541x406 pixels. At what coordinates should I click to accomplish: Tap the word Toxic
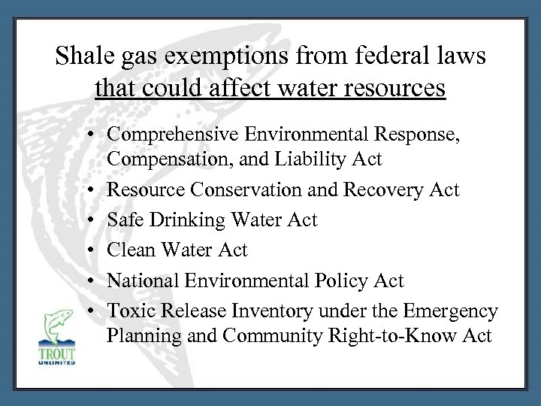tap(130, 311)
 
